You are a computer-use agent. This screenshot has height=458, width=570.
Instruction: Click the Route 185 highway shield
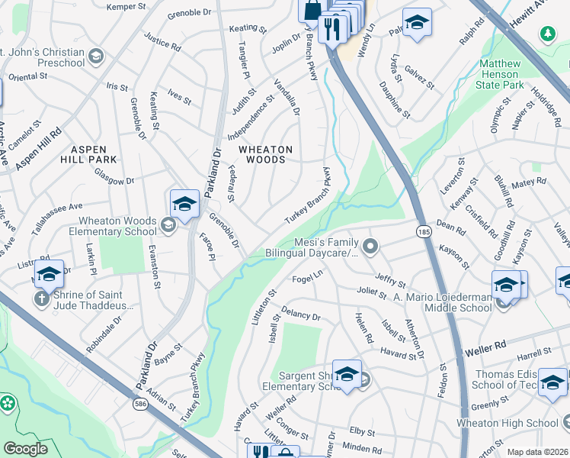tap(421, 230)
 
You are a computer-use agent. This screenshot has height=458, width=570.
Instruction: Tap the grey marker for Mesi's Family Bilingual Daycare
tap(370, 246)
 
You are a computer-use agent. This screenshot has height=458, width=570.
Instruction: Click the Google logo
tap(25, 449)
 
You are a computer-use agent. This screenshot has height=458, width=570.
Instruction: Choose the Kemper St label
tap(126, 7)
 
